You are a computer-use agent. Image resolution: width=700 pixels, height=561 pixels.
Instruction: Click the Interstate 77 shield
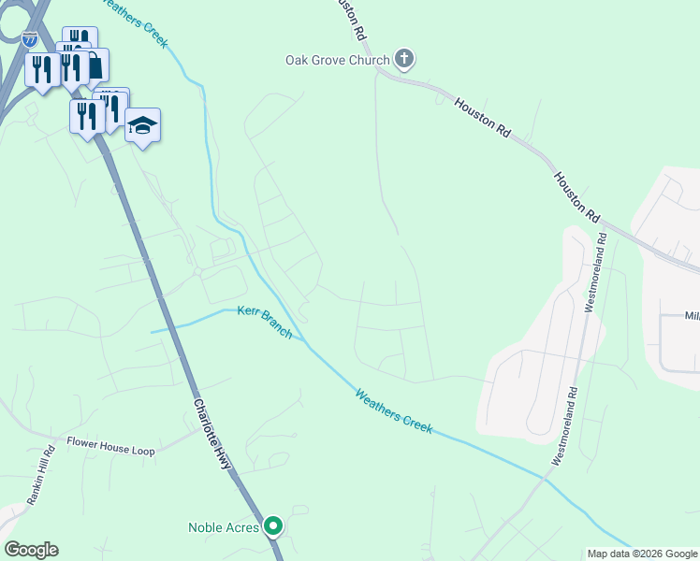tap(30, 39)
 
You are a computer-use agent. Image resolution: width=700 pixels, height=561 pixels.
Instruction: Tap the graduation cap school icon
tap(142, 125)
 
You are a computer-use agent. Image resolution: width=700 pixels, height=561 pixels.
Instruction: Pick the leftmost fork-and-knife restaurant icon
tap(42, 70)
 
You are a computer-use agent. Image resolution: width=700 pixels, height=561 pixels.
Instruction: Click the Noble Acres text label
tap(224, 527)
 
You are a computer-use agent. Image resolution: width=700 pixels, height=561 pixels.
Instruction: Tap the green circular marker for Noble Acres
tap(273, 527)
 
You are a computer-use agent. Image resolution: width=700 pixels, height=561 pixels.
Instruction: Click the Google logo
tap(31, 550)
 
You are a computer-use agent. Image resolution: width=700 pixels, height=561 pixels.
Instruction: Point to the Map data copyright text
tap(642, 554)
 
